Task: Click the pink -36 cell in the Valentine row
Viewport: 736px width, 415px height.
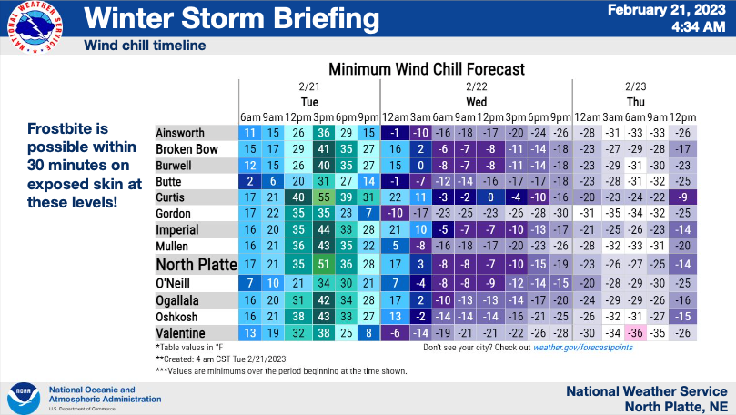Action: (x=635, y=333)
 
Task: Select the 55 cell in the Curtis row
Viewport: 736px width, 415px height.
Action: (x=324, y=197)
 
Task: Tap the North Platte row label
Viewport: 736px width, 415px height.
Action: (x=197, y=264)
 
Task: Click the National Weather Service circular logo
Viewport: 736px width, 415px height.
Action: (x=35, y=26)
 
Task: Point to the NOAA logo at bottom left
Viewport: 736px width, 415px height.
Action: (x=24, y=398)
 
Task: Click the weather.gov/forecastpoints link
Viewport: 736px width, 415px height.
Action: (x=582, y=348)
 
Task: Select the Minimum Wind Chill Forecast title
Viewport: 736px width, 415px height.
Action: (x=426, y=69)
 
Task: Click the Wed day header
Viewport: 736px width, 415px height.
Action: (x=476, y=102)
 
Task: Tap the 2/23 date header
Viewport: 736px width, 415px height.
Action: (x=636, y=86)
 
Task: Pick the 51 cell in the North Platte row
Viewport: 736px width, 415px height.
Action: (x=324, y=264)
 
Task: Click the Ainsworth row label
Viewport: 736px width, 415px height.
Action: (x=180, y=133)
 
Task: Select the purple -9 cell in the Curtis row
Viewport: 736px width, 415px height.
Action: (x=682, y=197)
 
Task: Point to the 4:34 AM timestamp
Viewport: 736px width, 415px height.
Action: (x=698, y=26)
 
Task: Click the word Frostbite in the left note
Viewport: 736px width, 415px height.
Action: (x=67, y=128)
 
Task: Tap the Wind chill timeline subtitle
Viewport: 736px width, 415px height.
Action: (x=145, y=46)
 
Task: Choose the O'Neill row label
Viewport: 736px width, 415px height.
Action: (x=173, y=283)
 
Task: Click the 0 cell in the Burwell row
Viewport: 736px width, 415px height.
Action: (x=420, y=166)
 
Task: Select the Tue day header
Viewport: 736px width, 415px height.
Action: (x=309, y=102)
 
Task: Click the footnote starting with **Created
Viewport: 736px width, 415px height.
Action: (x=220, y=359)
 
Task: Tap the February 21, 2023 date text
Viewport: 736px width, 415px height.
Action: (x=667, y=10)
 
